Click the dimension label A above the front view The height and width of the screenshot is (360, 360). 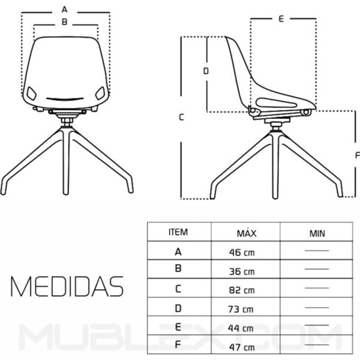[65, 10]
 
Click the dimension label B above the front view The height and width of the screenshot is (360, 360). [65, 22]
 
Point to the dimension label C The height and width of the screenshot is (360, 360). [181, 118]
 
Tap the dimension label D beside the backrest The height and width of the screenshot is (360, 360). [205, 71]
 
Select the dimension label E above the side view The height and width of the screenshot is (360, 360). [281, 19]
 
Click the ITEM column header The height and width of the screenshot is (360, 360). [178, 232]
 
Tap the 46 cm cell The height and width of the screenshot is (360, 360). [242, 253]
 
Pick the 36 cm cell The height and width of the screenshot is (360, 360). [242, 271]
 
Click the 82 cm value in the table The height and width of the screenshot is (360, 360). [242, 290]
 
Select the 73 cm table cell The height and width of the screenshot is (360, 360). [242, 310]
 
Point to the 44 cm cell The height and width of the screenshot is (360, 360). [242, 328]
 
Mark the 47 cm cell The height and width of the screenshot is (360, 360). [242, 347]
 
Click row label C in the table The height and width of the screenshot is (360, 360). [178, 289]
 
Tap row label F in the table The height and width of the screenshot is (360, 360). [178, 346]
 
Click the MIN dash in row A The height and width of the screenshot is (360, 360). [317, 250]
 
